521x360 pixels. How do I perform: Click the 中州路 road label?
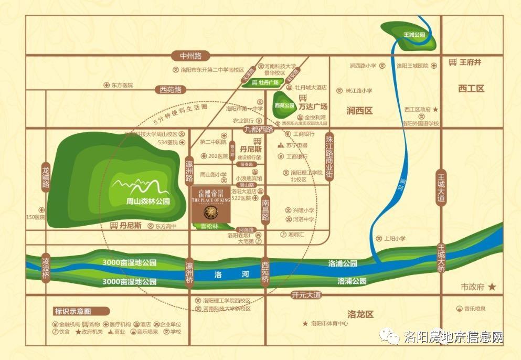[190, 56]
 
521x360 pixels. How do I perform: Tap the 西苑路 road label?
[171, 90]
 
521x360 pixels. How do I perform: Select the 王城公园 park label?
[414, 35]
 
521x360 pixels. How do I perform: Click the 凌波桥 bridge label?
[46, 267]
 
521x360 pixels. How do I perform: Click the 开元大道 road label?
[306, 295]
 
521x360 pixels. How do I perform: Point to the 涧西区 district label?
[359, 111]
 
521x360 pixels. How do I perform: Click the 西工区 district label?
[471, 88]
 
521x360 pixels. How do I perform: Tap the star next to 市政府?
[492, 287]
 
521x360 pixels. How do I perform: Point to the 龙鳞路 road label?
[46, 176]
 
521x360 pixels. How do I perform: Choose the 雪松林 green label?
[209, 226]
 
